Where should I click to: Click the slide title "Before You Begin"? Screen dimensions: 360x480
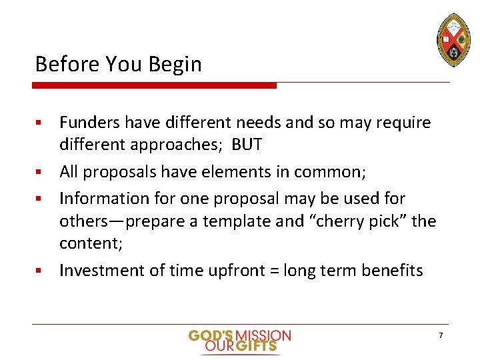[x=118, y=64]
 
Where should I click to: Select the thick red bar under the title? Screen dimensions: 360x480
[x=155, y=85]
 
